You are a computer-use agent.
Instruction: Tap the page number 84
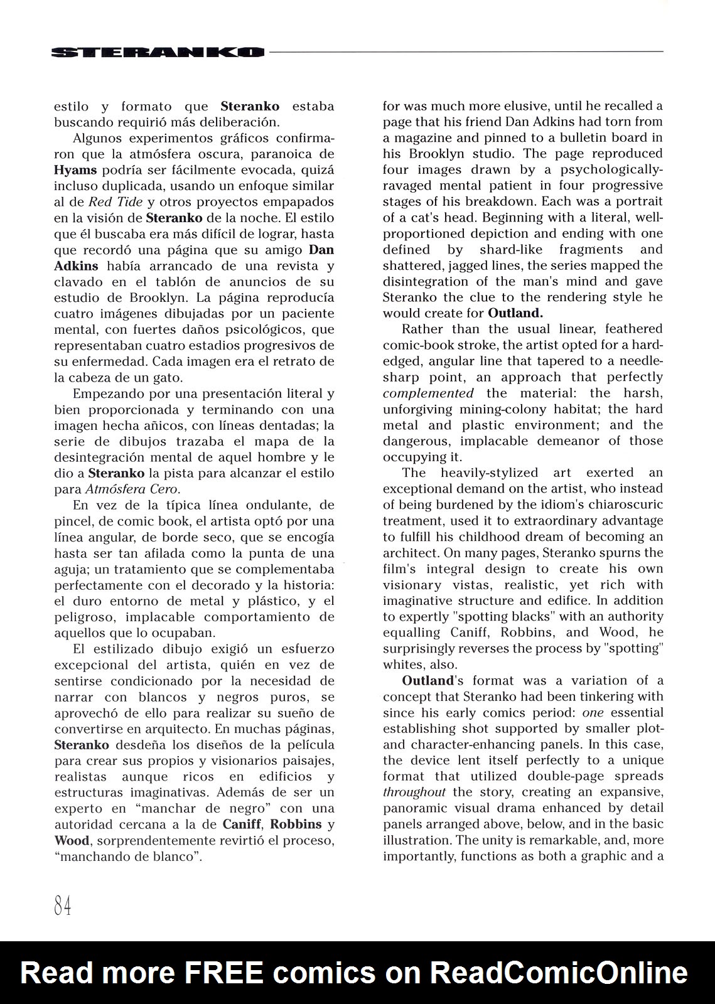click(x=63, y=905)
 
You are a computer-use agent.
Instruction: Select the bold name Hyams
click(x=75, y=170)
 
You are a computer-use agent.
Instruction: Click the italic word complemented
click(x=428, y=393)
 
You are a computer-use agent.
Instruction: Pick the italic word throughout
click(x=414, y=793)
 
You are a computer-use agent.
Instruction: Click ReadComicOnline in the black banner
click(x=559, y=973)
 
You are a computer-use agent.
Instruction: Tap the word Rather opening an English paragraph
click(x=422, y=329)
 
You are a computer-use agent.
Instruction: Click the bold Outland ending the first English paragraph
click(x=515, y=313)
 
